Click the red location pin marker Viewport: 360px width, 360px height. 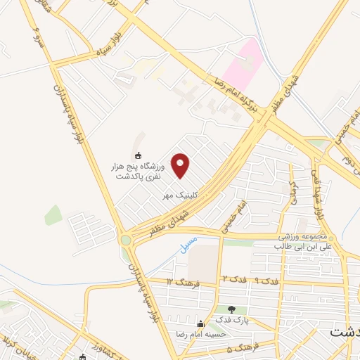click(181, 165)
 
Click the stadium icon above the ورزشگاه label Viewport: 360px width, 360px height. click(138, 155)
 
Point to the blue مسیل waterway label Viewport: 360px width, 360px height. click(188, 245)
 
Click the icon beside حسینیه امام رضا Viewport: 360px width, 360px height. click(202, 324)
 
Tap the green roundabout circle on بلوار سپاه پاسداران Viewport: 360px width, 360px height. click(126, 240)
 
